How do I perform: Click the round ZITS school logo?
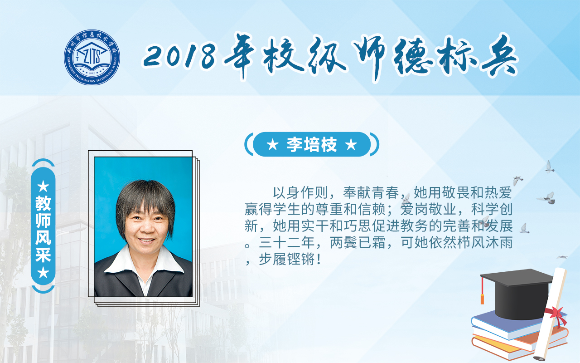92,57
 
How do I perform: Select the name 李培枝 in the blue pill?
312,144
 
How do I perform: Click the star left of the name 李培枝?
273,144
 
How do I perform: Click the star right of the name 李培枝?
351,144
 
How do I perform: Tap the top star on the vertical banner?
43,186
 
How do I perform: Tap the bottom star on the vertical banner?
43,273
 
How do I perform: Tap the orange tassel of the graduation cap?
482,290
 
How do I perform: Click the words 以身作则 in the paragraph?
300,193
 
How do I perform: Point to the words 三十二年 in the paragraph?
287,243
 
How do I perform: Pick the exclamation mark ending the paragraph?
319,259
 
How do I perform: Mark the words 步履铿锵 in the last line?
287,259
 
